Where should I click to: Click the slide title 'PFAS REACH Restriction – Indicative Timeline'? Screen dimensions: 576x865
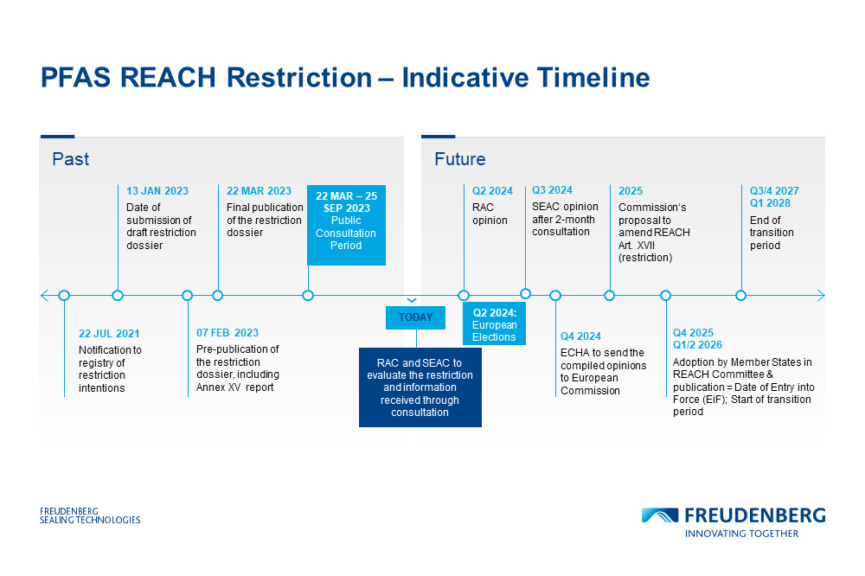[x=344, y=78]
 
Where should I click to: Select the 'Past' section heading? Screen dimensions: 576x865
[x=70, y=159]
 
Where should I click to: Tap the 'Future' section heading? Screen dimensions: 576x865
[x=459, y=159]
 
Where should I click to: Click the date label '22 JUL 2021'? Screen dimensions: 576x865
[x=109, y=333]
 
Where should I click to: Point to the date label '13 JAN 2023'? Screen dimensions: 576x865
[x=157, y=191]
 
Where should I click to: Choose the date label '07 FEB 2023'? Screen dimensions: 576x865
[x=227, y=333]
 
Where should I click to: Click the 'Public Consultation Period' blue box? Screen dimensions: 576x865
[x=346, y=225]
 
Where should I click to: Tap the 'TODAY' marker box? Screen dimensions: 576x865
[x=415, y=317]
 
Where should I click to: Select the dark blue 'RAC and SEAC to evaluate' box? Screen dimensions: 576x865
[x=420, y=387]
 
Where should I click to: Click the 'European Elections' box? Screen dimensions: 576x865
[x=494, y=324]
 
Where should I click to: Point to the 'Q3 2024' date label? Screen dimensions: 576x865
[x=552, y=190]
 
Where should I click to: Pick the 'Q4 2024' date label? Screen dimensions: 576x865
[x=580, y=336]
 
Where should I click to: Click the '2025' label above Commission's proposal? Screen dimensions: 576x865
[x=631, y=191]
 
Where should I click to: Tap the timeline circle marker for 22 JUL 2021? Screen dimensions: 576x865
[x=64, y=295]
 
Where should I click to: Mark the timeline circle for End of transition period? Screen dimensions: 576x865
[x=740, y=295]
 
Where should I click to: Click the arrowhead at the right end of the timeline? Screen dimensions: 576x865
[x=820, y=295]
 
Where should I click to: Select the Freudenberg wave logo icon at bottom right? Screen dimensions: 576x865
[x=660, y=515]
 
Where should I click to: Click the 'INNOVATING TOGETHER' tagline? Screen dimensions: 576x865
[x=741, y=534]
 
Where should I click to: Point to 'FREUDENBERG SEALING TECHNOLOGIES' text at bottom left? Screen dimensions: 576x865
[x=90, y=515]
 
